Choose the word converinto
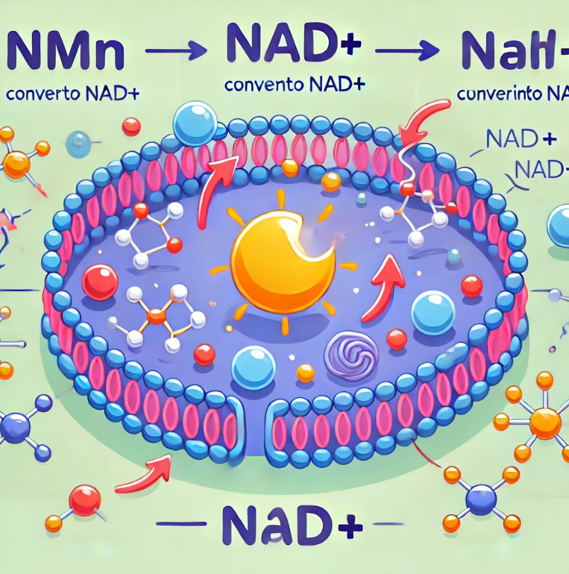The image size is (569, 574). tap(500, 93)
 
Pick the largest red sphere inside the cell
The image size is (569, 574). tap(100, 282)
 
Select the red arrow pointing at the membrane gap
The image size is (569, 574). tap(145, 473)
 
